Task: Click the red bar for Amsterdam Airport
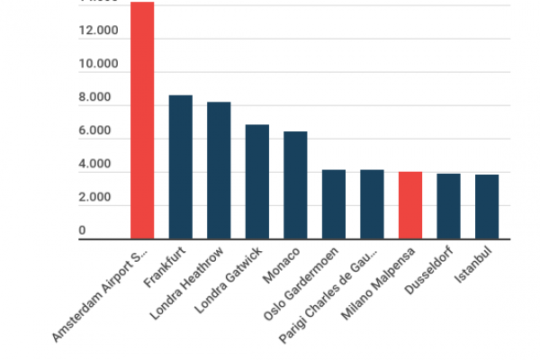coord(142,121)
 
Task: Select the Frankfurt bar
coord(181,166)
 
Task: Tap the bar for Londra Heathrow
coord(219,170)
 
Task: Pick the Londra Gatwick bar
coord(257,182)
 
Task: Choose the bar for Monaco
coord(295,185)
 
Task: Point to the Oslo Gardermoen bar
coord(334,204)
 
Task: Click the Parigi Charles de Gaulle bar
coord(372,204)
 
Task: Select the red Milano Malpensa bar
coord(410,205)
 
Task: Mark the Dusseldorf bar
coord(448,206)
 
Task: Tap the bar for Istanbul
coord(487,206)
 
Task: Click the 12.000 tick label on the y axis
coord(98,31)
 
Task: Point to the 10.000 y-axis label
coord(98,65)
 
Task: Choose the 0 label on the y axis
coord(82,231)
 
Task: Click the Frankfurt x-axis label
coord(169,265)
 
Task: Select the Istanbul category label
coord(475,265)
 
